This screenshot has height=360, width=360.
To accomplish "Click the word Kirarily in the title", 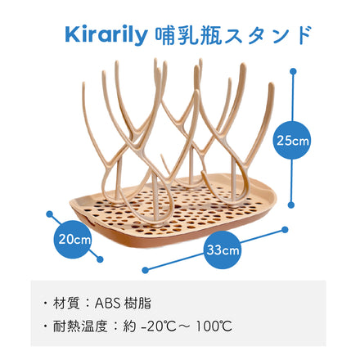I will [x=106, y=35].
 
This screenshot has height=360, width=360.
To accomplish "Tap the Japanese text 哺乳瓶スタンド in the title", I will [x=232, y=35].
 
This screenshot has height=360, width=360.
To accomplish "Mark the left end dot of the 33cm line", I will [x=144, y=268].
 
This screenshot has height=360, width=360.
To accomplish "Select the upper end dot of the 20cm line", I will [x=50, y=216].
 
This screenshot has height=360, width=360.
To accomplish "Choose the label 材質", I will [x=83, y=302].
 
